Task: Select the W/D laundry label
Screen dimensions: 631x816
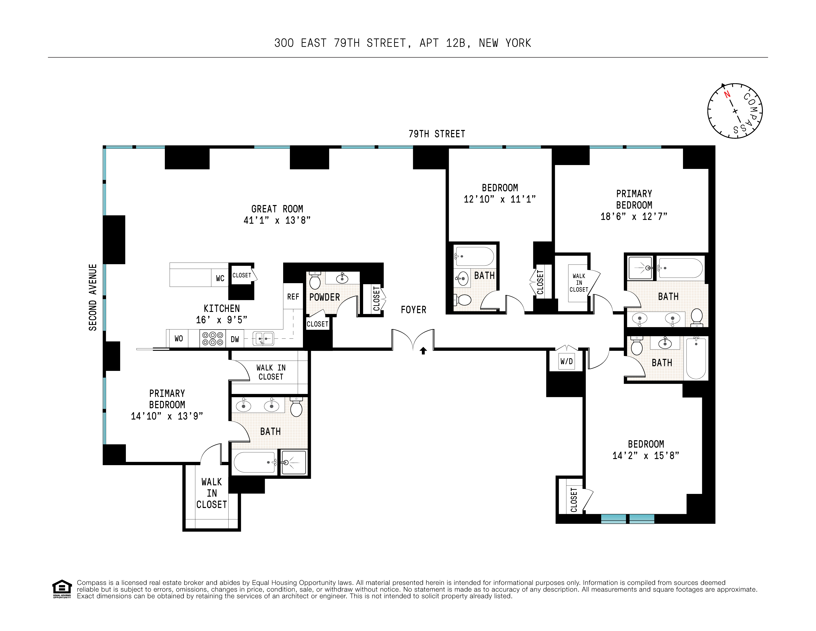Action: (567, 361)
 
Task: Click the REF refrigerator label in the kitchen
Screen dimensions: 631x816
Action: (293, 297)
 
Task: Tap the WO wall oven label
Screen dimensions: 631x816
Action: (178, 338)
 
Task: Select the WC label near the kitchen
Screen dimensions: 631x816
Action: (220, 278)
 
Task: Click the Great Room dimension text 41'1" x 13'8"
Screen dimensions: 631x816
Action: (277, 220)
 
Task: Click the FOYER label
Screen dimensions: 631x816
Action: (413, 310)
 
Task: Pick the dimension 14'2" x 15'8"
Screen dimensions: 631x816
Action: (646, 455)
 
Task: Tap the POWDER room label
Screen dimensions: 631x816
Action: (324, 297)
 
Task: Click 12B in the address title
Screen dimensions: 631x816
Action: (456, 43)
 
